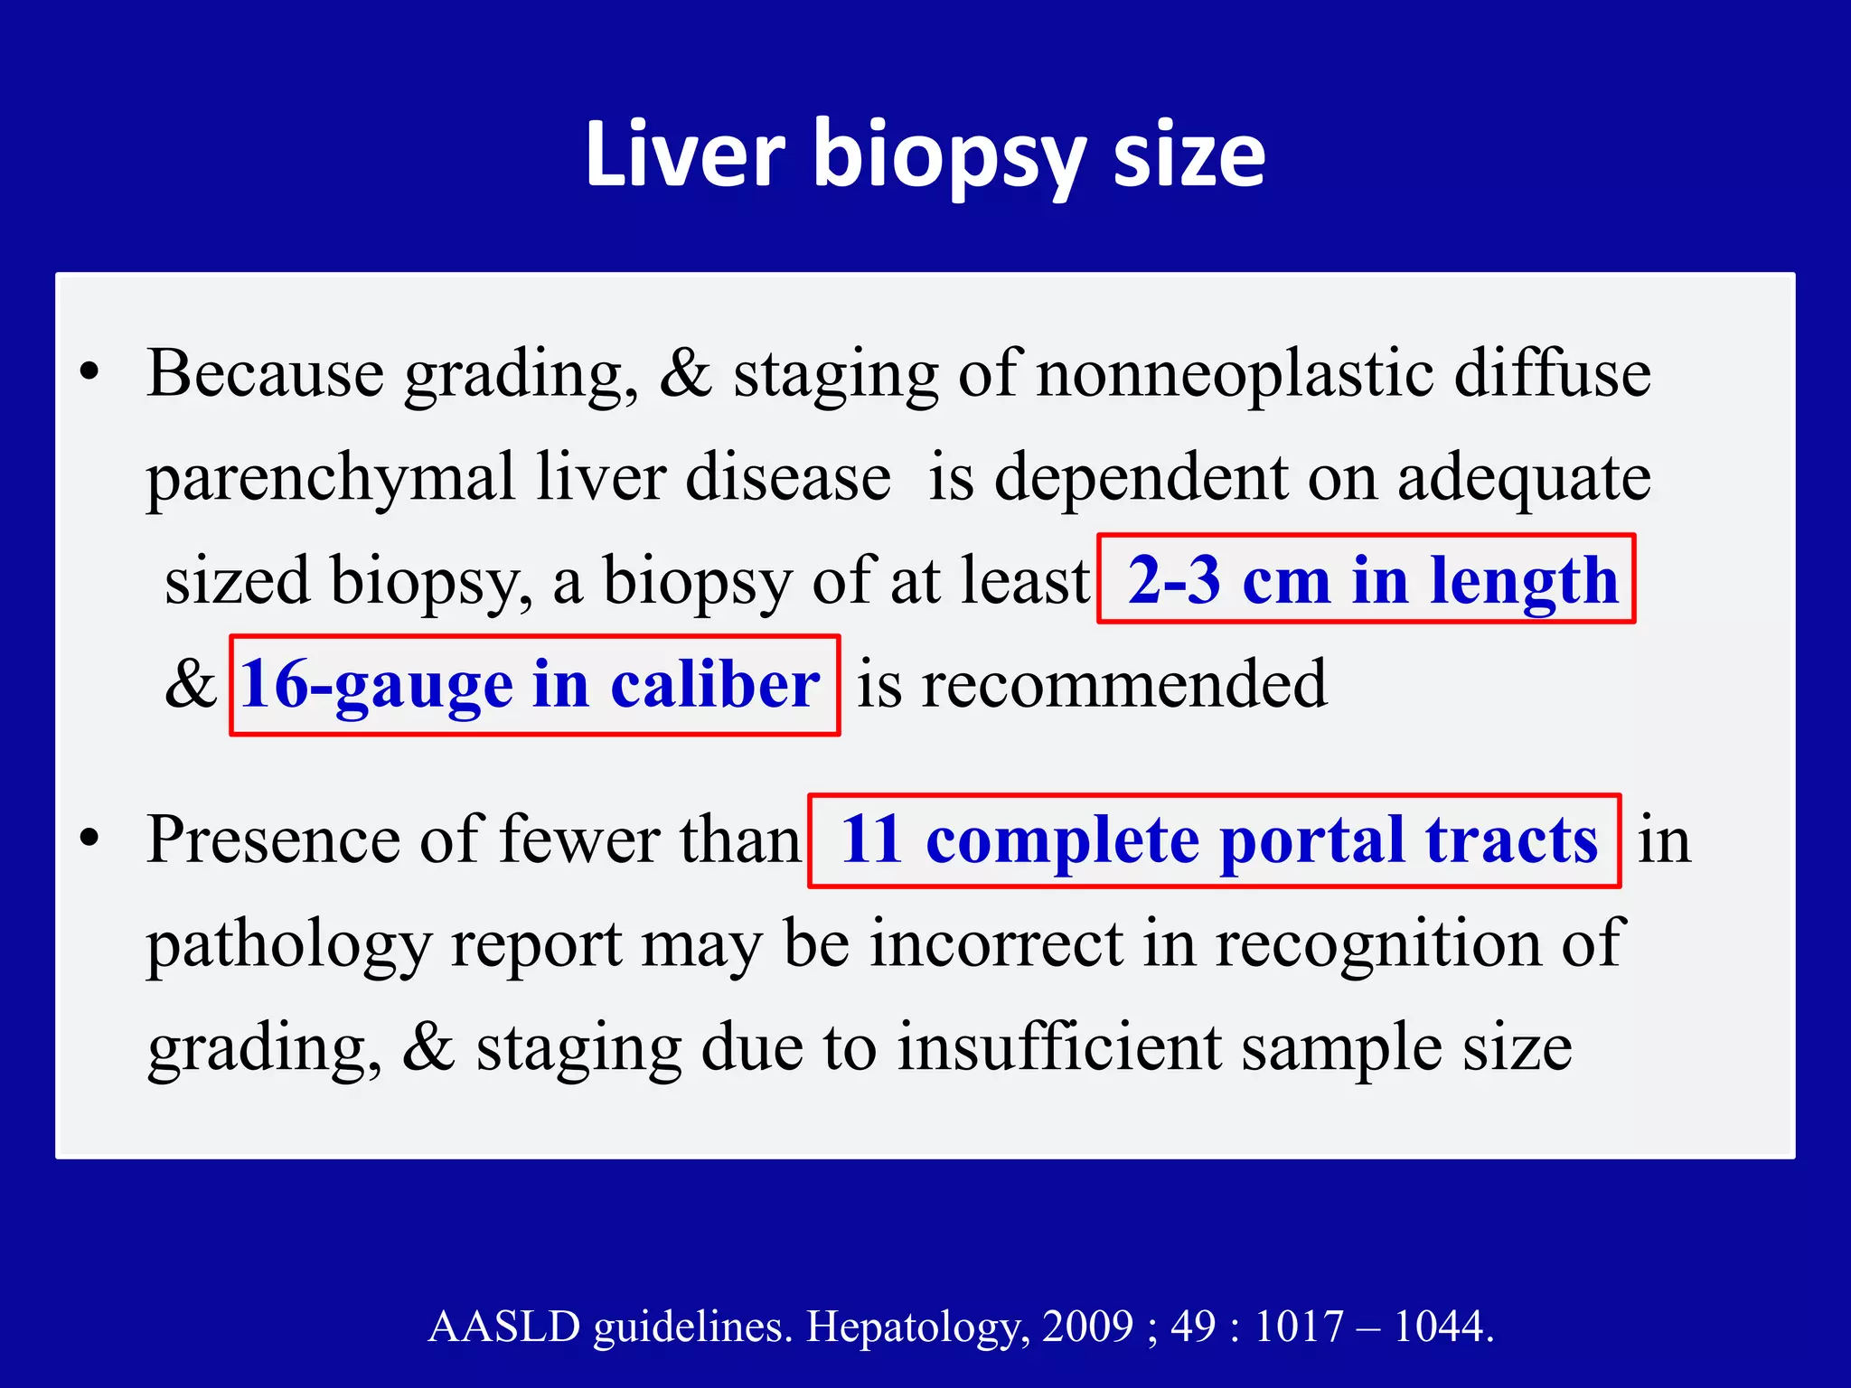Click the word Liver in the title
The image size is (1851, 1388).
tap(685, 155)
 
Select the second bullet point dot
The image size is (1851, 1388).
tap(89, 839)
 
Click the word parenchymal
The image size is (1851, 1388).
tap(330, 477)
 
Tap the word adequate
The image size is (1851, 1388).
tap(1524, 477)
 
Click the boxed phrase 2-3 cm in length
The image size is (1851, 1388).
tap(1366, 579)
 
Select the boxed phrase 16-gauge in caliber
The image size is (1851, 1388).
tap(533, 685)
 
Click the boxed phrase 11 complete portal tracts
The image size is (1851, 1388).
tap(1214, 840)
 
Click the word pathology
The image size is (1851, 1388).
tap(289, 945)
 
